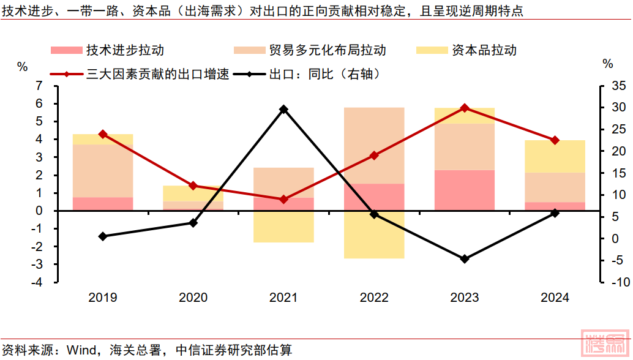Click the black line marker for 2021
point(283,110)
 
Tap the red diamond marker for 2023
point(465,108)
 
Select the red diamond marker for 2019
point(103,134)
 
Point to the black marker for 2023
point(465,259)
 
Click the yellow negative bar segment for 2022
point(374,234)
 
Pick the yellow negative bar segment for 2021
point(283,227)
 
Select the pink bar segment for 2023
point(465,190)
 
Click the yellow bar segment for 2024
point(555,156)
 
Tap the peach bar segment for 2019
point(103,171)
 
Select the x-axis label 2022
point(374,298)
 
